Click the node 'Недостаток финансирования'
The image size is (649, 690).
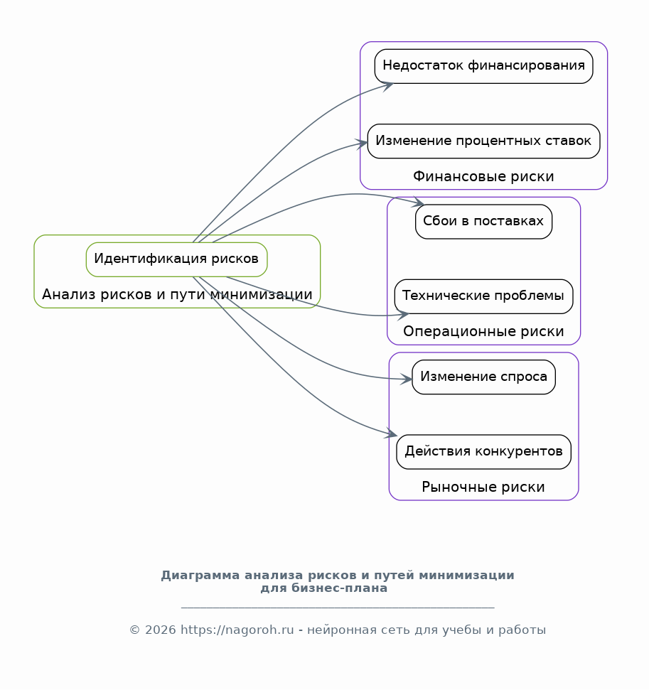coord(483,66)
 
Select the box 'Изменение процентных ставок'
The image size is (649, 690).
coord(483,141)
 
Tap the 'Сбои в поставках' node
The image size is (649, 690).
coord(483,221)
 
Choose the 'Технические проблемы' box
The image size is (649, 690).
coord(483,296)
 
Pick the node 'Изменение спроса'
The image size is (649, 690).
coord(483,377)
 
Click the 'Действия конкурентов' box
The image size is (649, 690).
coord(483,451)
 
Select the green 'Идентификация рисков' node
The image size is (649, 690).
coord(176,259)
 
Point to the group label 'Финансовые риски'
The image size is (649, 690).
coord(483,176)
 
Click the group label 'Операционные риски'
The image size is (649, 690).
coord(483,331)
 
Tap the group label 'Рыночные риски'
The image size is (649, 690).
coord(483,487)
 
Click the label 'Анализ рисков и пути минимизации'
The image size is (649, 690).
coord(177,294)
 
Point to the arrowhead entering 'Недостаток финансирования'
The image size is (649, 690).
coord(388,85)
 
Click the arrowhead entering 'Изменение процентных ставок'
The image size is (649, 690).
coord(362,144)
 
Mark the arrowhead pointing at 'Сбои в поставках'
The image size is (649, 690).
coord(418,203)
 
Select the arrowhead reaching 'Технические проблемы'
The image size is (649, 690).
coord(403,315)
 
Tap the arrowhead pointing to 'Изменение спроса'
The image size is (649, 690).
coord(406,379)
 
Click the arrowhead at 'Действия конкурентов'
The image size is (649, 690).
coord(391,433)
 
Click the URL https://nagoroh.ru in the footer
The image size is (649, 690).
coord(237,630)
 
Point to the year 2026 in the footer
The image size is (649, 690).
coord(160,630)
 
